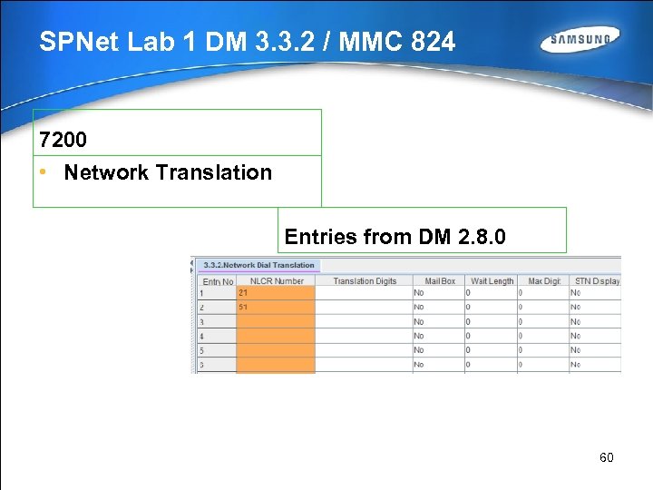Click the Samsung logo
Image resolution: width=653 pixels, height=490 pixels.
pos(580,41)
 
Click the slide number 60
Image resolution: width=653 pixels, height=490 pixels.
pos(607,457)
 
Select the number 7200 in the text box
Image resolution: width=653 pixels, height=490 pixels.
pos(63,140)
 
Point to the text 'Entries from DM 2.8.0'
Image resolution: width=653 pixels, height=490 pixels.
pos(395,237)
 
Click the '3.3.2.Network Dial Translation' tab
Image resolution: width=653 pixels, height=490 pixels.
pos(258,265)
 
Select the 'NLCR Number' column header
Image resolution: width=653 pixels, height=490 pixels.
pos(276,281)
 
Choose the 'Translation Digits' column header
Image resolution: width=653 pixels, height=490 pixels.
pos(364,281)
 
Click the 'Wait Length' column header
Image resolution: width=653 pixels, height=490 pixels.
pos(491,281)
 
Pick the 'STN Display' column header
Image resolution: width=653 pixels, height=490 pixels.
pos(595,281)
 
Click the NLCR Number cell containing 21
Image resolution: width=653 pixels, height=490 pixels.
pos(276,293)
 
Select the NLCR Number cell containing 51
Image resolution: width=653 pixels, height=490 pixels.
pos(276,308)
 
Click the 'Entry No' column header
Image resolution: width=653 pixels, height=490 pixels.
pos(218,281)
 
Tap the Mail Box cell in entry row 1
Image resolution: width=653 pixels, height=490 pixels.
pos(438,293)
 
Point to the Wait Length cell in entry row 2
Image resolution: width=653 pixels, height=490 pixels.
pos(491,308)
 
